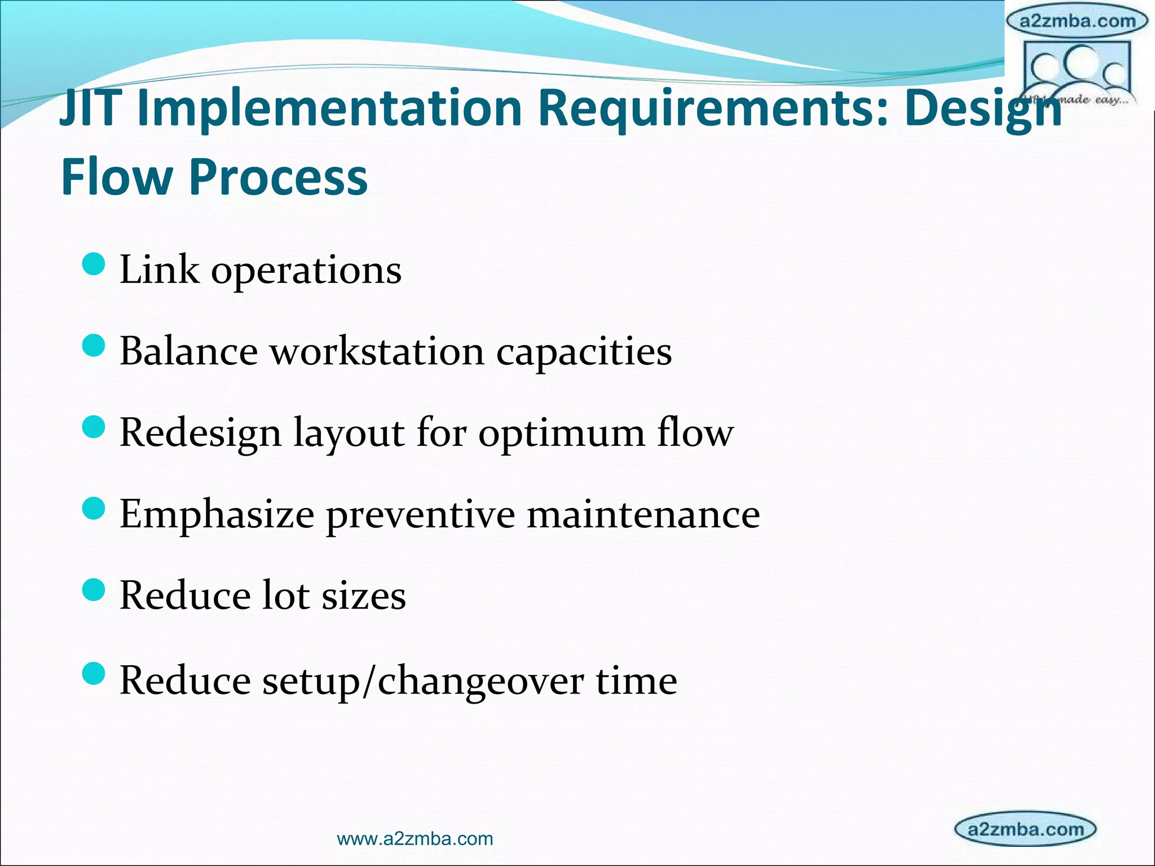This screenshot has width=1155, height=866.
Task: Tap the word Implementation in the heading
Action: (329, 108)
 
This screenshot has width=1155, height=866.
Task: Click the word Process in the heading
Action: (278, 176)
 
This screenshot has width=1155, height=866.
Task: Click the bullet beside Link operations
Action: (94, 264)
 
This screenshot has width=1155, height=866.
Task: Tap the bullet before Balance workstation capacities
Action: (94, 346)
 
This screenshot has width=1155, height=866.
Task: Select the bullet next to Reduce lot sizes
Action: (94, 590)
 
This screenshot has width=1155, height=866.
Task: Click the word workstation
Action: (377, 352)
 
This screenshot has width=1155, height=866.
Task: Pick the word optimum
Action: (561, 434)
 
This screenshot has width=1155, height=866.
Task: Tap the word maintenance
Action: (643, 515)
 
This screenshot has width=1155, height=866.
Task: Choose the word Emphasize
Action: (217, 515)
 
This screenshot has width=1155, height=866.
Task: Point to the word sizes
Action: (363, 597)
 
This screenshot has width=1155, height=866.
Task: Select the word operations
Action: (306, 271)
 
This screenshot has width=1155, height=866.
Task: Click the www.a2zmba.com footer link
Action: (415, 839)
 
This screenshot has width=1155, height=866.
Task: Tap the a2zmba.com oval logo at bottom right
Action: (1025, 829)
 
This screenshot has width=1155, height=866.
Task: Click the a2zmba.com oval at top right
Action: (1077, 21)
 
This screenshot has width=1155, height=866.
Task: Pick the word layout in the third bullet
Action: (348, 434)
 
